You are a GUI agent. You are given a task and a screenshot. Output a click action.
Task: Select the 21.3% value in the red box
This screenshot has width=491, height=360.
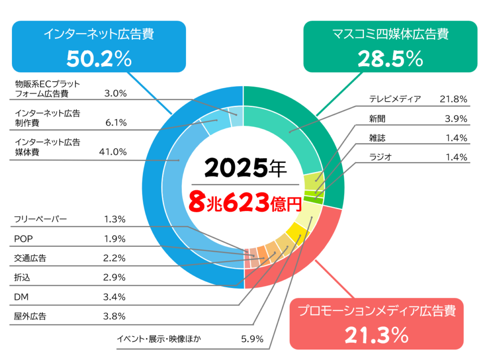[x=376, y=334]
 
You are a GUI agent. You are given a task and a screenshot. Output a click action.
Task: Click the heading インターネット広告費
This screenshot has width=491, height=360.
[x=99, y=34]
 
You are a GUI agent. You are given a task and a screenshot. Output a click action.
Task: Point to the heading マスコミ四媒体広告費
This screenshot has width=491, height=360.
[x=390, y=34]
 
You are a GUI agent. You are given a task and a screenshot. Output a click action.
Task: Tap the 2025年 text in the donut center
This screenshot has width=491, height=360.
[x=245, y=168]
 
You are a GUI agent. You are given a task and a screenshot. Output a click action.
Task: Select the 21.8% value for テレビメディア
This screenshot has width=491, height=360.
[x=453, y=99]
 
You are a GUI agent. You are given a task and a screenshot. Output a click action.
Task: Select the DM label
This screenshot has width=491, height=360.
[x=21, y=297]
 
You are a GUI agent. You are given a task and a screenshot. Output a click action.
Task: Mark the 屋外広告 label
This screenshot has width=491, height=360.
[x=30, y=316]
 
